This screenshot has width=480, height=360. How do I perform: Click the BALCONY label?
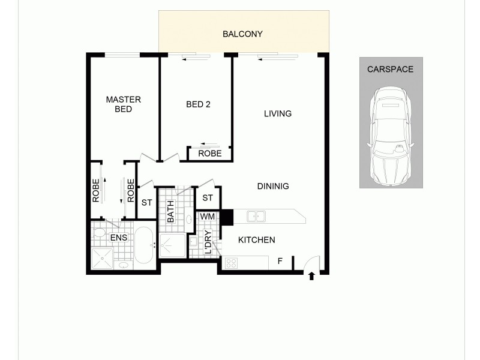(x=242, y=34)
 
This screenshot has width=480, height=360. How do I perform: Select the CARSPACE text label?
(x=390, y=69)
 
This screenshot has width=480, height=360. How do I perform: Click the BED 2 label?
(x=198, y=104)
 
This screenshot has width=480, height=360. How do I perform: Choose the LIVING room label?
(x=277, y=113)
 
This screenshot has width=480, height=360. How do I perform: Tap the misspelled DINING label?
(x=273, y=186)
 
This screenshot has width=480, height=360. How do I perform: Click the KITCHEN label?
(x=257, y=240)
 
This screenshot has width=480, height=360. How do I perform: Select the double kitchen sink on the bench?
(x=256, y=215)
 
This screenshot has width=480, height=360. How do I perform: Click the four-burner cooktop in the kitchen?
(x=232, y=262)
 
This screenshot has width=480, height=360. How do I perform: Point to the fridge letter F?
(x=280, y=261)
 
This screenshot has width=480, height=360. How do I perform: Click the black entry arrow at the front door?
(x=311, y=277)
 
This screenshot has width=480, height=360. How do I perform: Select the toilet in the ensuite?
(x=100, y=232)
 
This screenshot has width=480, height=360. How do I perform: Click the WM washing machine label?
(x=207, y=216)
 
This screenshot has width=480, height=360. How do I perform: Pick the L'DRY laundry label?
(x=208, y=242)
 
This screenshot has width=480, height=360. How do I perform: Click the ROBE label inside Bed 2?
(x=209, y=154)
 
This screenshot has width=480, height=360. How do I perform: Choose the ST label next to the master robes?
(x=146, y=203)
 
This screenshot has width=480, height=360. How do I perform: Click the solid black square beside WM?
(x=227, y=217)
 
